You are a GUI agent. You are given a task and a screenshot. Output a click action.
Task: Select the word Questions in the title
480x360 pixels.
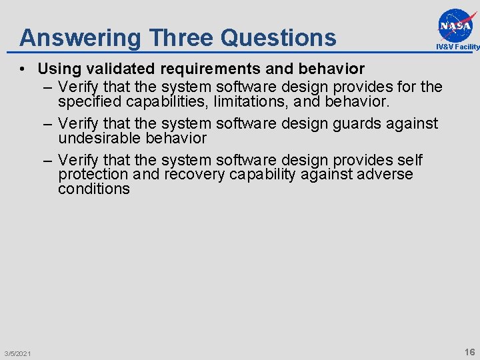pos(279,37)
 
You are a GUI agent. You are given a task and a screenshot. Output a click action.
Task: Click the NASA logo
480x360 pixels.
pos(457,25)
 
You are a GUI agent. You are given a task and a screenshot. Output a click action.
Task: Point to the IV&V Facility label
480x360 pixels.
pos(457,47)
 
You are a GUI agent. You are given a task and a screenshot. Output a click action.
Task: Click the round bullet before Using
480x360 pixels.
pos(23,69)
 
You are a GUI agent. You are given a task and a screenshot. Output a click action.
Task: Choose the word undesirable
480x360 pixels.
pos(99,138)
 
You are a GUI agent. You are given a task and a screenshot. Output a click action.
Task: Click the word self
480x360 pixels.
pos(409,160)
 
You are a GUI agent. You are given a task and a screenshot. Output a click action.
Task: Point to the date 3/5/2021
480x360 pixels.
pos(17,353)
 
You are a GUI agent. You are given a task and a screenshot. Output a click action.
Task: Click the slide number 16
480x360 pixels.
pos(469,351)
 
